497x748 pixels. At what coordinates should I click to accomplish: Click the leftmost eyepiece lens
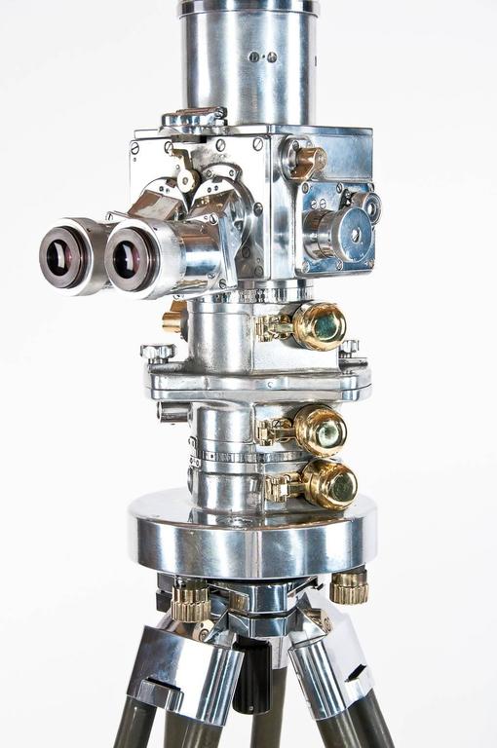tap(65, 257)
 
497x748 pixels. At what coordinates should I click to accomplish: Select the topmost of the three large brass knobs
tap(319, 325)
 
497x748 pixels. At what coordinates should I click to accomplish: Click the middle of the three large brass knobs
tap(320, 429)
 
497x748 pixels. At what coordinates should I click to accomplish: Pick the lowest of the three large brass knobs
tap(329, 484)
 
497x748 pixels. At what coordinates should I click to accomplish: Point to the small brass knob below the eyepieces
tap(172, 319)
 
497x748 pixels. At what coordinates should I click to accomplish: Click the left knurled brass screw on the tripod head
tap(190, 600)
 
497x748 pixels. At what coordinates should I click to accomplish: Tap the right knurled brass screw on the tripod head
tap(349, 586)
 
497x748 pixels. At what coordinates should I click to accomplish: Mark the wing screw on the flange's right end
tap(349, 347)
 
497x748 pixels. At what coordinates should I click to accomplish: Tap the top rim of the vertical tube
tap(248, 8)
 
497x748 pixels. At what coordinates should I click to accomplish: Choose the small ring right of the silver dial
tap(369, 206)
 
